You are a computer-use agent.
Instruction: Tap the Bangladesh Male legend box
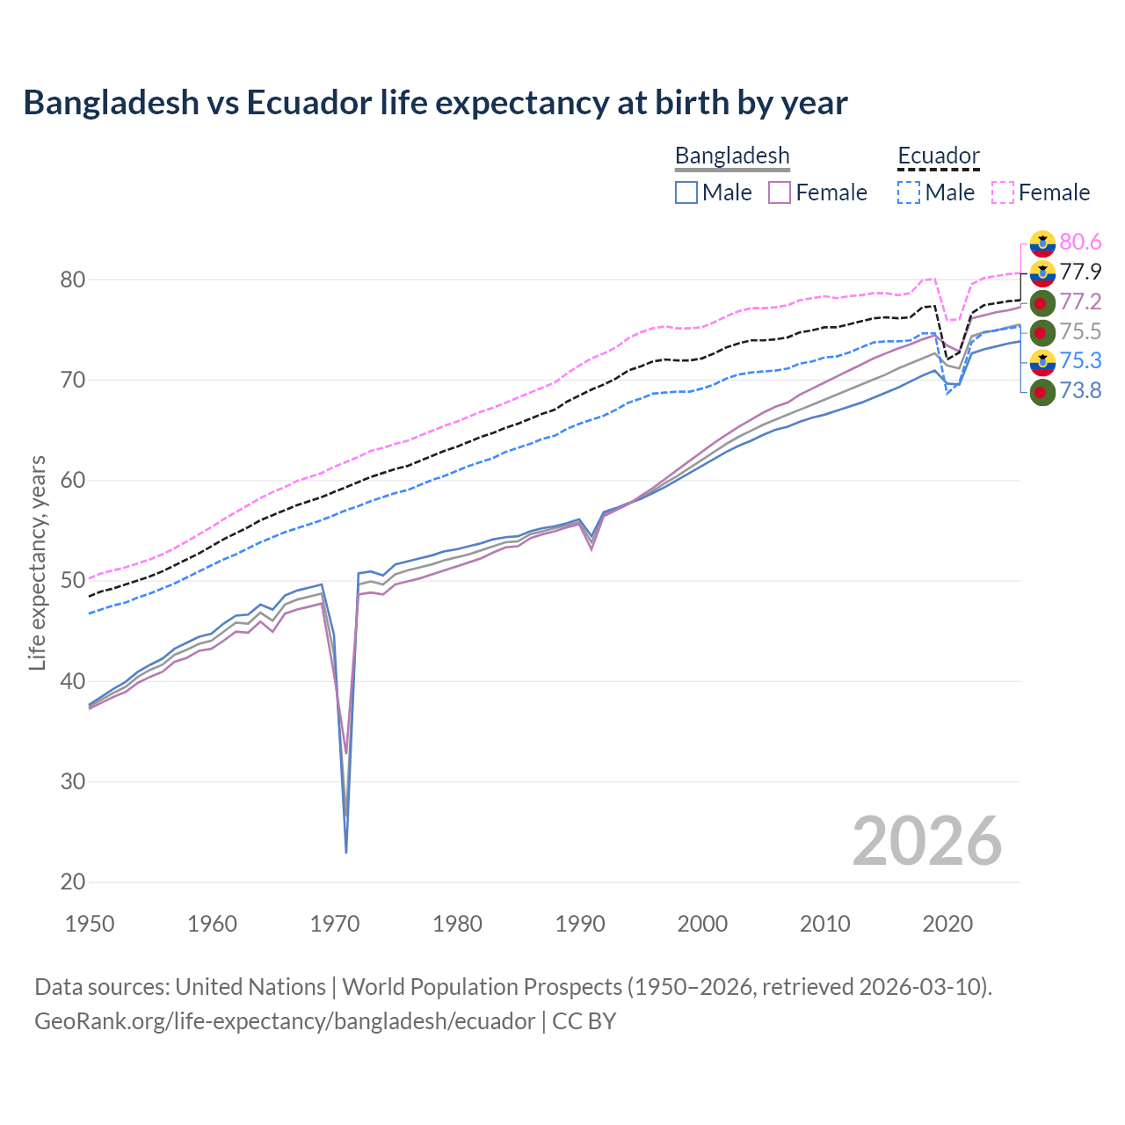pos(686,192)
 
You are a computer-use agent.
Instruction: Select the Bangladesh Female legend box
pos(780,192)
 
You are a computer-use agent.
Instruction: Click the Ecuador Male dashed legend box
pos(909,192)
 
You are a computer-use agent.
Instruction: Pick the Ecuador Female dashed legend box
pos(1003,192)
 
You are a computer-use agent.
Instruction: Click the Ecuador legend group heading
pos(938,156)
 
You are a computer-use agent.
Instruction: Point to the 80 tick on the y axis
pos(73,280)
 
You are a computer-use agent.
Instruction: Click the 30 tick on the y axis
pos(73,781)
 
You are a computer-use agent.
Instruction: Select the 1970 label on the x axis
pos(335,924)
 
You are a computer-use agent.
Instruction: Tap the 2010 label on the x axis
pos(824,924)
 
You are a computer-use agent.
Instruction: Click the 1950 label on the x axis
pos(91,924)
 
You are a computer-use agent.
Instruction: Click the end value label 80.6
pos(1080,242)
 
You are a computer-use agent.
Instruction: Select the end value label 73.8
pos(1080,391)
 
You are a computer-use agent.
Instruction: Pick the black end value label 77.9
pos(1080,272)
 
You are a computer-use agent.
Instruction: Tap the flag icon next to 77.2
pos(1042,303)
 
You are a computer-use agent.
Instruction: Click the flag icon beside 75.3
pos(1042,361)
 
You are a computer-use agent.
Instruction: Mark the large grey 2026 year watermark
pos(926,841)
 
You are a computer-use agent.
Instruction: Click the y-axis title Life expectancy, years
pos(38,562)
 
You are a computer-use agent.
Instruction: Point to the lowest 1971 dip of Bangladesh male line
pos(346,851)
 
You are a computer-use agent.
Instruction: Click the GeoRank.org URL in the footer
pos(284,1021)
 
